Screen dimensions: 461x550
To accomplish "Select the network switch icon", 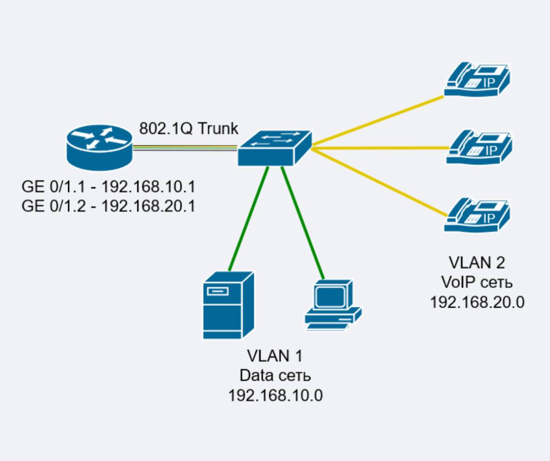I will tap(274, 148).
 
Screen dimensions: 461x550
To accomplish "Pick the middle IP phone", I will tap(479, 147).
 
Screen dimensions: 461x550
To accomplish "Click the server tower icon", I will tap(229, 305).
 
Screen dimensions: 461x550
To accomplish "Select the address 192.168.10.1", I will tap(148, 187).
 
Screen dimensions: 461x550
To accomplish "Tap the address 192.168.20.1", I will tap(148, 205).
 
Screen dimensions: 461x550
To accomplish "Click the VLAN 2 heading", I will tap(477, 263).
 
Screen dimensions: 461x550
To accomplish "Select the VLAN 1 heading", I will tap(275, 356).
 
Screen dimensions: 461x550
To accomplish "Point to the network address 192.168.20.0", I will tap(477, 302).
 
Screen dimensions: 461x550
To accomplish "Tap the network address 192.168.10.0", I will tap(275, 395).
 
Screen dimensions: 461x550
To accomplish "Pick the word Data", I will tap(256, 375).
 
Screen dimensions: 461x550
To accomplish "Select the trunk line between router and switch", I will tap(185, 148).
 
